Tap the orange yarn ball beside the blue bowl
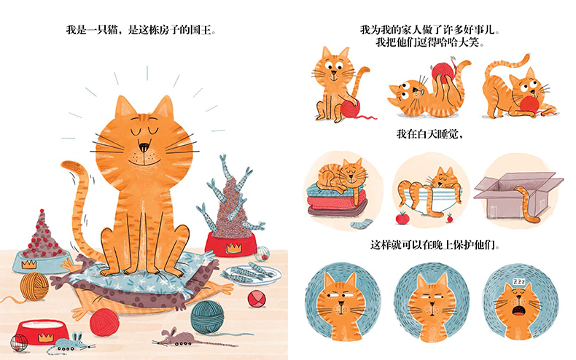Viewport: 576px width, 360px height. (x=34, y=286)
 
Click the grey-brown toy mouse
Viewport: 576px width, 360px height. (x=176, y=337)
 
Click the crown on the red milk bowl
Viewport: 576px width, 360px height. (x=45, y=337)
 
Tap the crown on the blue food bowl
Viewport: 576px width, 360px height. (x=28, y=264)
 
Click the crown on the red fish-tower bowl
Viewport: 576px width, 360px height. (x=233, y=249)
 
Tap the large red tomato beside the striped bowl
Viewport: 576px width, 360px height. (x=402, y=218)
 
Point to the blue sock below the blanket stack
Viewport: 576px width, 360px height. (x=361, y=224)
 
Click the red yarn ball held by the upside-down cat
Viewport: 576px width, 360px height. (x=443, y=73)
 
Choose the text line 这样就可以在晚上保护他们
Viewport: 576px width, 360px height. (x=435, y=245)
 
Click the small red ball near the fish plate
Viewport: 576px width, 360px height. (x=257, y=299)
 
